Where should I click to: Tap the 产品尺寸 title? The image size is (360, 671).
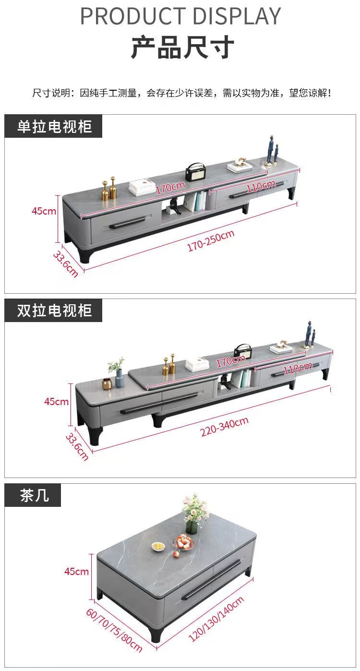pos(182,48)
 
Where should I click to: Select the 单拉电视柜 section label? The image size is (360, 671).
pos(54,127)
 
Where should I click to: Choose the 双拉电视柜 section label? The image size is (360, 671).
pos(54,311)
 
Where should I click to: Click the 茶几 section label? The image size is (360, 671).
pos(34,495)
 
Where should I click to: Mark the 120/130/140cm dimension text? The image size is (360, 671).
pos(216,619)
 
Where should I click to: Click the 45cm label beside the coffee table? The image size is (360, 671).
pos(77,571)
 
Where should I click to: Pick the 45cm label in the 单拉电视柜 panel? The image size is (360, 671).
pos(44,211)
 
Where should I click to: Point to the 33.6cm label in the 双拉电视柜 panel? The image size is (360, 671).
pos(77,446)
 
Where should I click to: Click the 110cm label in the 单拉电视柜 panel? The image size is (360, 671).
pos(258,187)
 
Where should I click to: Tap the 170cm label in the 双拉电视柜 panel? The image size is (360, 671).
pos(230,361)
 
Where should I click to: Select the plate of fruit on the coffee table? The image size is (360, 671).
pos(183,543)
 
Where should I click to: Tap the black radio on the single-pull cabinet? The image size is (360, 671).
pos(195,171)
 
